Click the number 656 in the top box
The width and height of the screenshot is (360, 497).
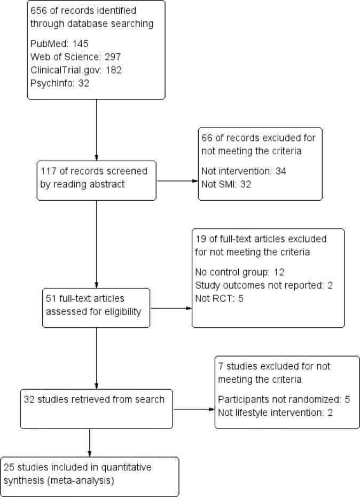39,11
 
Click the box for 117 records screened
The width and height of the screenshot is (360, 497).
97,180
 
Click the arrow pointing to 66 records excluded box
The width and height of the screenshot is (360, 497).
177,181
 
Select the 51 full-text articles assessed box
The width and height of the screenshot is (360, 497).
96,308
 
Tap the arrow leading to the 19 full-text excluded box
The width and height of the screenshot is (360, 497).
171,308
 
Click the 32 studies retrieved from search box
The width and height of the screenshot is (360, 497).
97,409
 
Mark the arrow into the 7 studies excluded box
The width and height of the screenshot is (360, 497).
193,409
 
